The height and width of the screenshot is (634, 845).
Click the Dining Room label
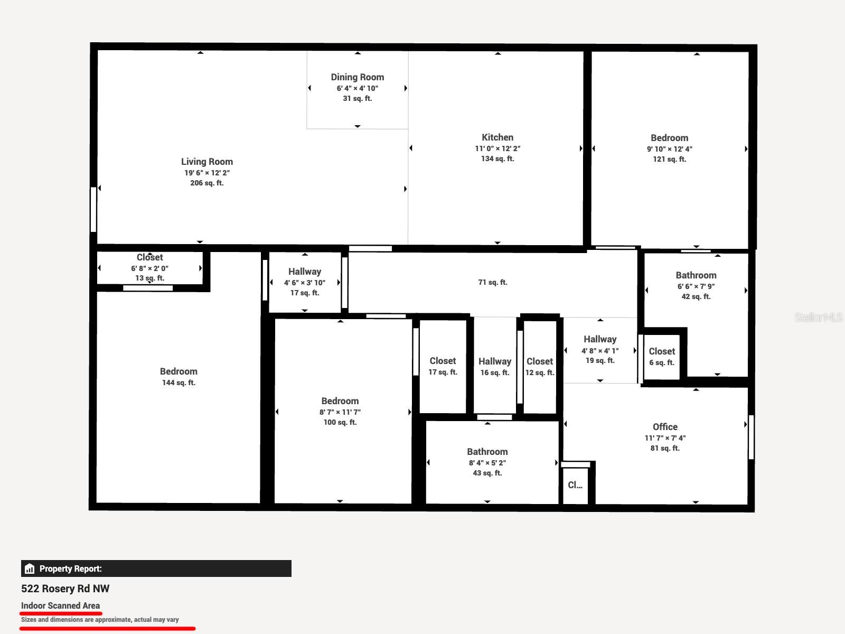tap(357, 77)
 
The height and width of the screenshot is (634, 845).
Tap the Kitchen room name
tap(497, 137)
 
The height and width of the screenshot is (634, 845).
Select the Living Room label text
tap(206, 162)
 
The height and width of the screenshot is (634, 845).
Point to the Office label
tap(665, 426)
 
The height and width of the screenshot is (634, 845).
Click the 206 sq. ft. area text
tap(206, 183)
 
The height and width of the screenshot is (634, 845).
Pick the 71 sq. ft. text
tap(492, 282)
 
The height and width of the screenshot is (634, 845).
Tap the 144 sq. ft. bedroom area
tap(179, 383)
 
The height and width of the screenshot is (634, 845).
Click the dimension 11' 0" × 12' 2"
tap(497, 148)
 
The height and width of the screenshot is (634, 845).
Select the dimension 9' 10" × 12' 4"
tap(670, 149)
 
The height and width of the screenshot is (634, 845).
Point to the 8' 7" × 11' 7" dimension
tap(340, 412)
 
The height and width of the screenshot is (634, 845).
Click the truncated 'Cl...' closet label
tap(575, 484)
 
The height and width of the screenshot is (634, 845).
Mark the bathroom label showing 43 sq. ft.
tap(487, 452)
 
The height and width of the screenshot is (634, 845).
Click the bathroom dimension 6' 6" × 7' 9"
tap(696, 286)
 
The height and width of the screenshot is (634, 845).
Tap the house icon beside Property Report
tap(30, 568)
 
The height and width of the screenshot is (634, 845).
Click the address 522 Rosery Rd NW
tap(65, 589)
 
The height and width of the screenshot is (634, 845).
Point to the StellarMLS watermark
tap(819, 317)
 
